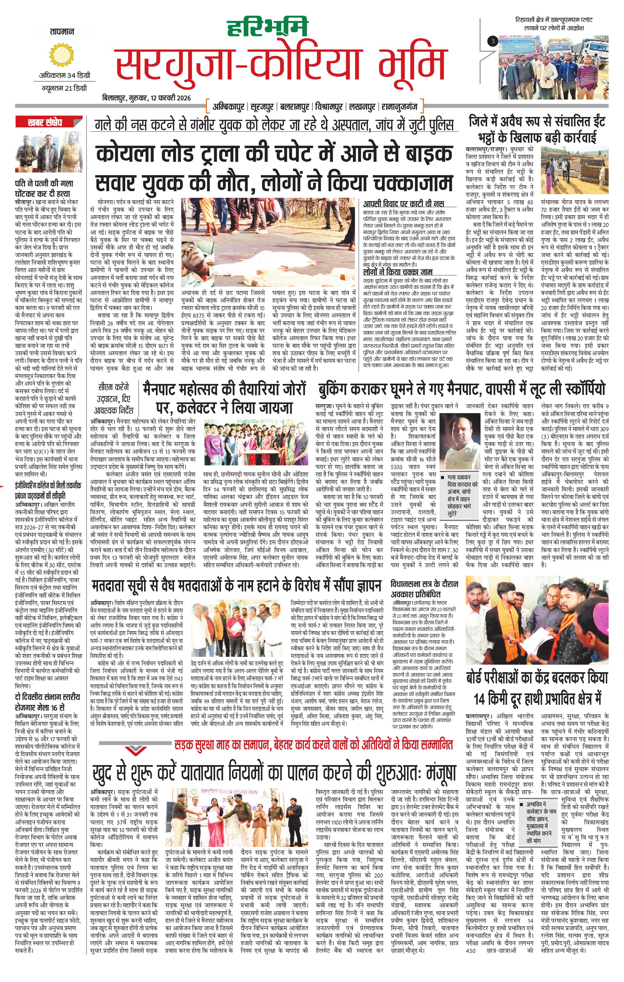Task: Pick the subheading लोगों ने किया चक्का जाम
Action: [x=398, y=272]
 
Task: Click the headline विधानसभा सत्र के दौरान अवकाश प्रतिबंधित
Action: [x=425, y=711]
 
